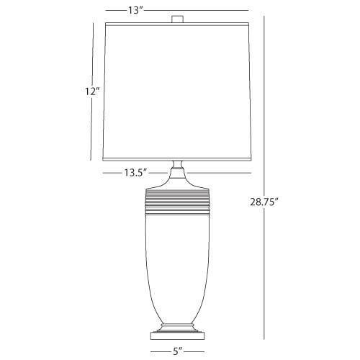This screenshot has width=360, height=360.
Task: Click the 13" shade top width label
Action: tap(135, 10)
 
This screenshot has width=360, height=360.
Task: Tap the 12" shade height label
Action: tap(92, 91)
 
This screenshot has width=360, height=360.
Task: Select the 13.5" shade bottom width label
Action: tap(135, 173)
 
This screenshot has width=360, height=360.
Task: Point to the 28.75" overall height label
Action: tap(264, 202)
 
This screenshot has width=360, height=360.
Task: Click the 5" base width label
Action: tap(177, 351)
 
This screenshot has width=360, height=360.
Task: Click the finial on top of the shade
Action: tap(178, 19)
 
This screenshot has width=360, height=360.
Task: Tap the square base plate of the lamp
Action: tap(177, 336)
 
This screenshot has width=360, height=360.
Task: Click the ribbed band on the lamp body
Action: tap(178, 201)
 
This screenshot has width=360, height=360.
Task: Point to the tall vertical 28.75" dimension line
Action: tap(264, 178)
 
